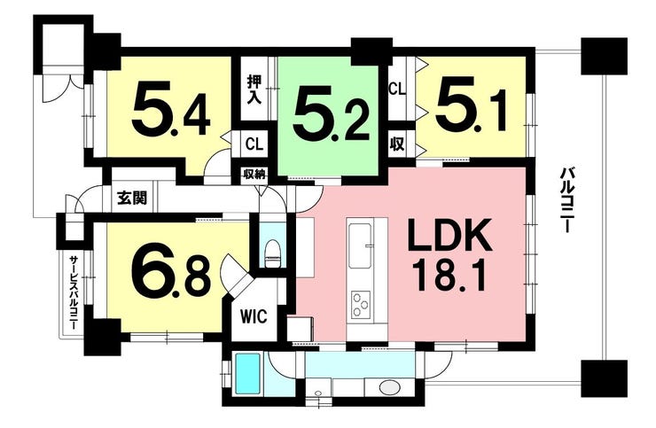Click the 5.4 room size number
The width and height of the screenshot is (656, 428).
coord(172,110)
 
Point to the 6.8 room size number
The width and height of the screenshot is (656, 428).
coord(170,270)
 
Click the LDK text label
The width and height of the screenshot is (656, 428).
coord(449,239)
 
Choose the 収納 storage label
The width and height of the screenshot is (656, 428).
coord(254,175)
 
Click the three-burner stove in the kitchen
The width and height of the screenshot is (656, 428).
coord(361,304)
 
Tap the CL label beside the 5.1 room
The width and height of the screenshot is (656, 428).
coord(397,89)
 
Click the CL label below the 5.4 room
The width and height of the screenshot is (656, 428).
coord(254,144)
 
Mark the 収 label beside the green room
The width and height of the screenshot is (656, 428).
coord(397,144)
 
